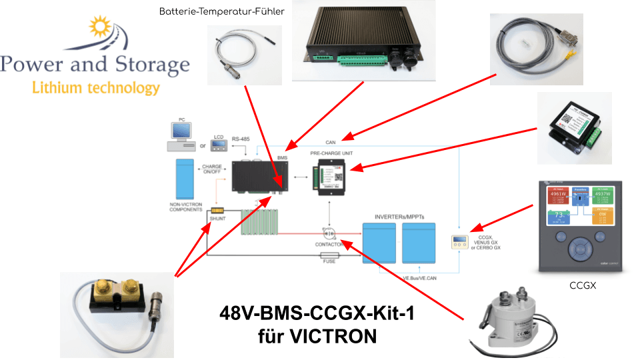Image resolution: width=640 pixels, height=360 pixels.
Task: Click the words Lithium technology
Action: (96, 87)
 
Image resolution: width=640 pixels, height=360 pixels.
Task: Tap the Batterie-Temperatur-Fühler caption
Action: (223, 11)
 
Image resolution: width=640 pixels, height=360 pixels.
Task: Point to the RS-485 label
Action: (241, 139)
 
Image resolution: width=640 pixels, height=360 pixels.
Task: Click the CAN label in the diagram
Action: (331, 141)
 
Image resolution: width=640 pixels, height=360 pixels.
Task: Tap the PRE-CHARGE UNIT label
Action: (331, 153)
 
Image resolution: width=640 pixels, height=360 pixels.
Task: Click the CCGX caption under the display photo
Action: (582, 286)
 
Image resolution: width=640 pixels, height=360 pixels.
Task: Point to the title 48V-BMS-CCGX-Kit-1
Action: (317, 313)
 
